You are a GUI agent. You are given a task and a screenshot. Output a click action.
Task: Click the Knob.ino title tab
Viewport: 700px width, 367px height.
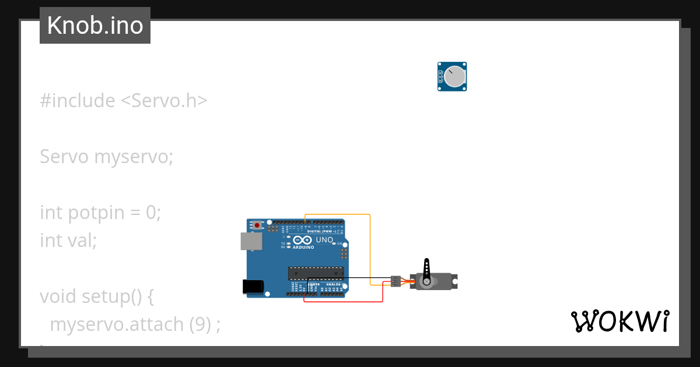tap(94, 26)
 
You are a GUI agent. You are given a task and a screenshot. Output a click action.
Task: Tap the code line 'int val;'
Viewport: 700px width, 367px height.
tap(68, 240)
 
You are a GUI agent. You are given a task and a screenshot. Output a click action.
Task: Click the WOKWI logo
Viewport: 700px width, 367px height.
tap(620, 321)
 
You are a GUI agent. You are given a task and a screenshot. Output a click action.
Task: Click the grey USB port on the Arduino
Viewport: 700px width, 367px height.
tap(251, 241)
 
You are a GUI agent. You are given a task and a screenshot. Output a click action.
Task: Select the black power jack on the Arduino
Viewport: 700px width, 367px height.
tap(253, 286)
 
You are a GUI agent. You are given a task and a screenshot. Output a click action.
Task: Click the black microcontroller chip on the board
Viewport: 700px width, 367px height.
tap(316, 273)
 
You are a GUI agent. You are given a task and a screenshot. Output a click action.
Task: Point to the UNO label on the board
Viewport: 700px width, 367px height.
tap(324, 240)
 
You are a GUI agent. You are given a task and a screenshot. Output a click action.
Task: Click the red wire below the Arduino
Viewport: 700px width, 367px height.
tap(344, 301)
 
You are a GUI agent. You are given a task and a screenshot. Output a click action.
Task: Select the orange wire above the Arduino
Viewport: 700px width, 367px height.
tap(338, 215)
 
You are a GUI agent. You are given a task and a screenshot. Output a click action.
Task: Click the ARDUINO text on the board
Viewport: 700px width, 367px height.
tap(303, 247)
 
